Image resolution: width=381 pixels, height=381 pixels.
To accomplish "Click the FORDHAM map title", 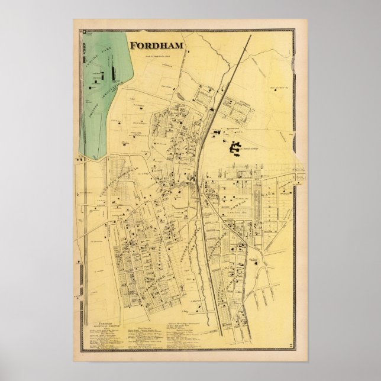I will (156, 44).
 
